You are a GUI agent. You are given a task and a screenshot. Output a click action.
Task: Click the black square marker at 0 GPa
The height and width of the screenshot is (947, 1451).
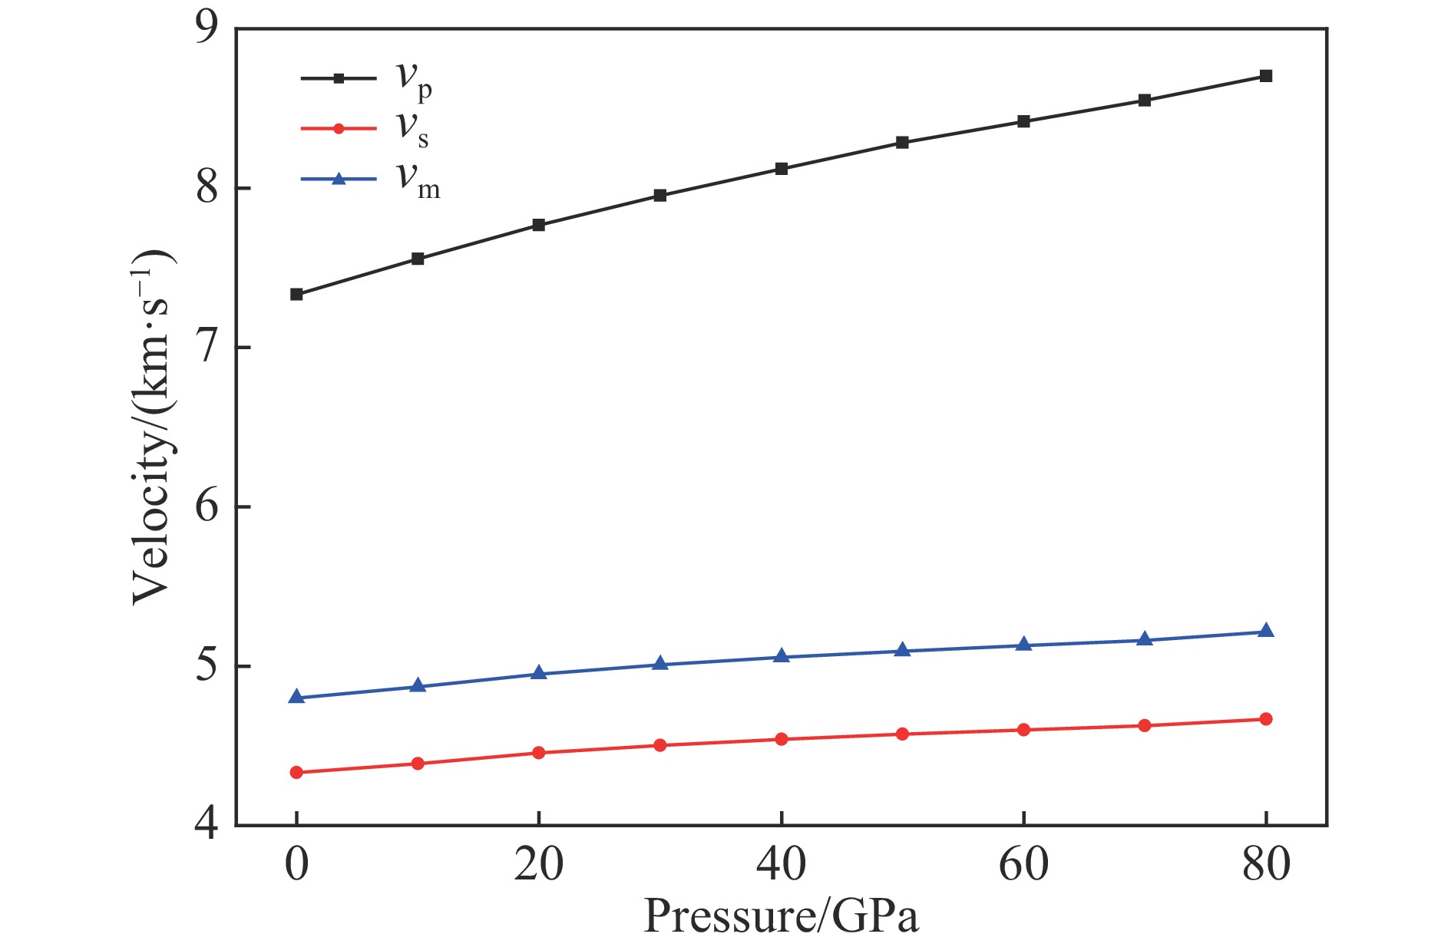(296, 294)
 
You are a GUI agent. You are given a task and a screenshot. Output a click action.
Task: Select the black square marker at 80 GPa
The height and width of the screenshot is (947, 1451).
(1266, 76)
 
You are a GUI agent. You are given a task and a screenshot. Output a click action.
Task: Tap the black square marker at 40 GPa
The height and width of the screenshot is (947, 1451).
(782, 168)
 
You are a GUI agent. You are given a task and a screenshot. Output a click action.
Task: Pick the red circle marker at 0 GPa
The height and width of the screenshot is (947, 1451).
(296, 772)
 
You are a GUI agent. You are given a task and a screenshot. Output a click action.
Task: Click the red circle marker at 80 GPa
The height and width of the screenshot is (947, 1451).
(1266, 719)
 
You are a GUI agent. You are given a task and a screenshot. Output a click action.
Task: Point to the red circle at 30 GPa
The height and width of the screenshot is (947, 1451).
(659, 745)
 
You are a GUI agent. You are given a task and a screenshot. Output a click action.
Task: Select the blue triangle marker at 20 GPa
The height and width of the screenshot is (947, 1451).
(539, 673)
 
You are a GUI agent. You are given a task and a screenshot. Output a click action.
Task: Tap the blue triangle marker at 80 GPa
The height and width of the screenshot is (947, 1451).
(1266, 631)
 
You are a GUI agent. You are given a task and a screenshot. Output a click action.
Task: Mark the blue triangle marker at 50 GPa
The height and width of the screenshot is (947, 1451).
(903, 650)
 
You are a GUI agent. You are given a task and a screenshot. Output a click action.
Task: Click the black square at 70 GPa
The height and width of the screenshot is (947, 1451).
(1145, 101)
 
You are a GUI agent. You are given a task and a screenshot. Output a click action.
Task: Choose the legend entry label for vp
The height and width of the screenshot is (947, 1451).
(414, 80)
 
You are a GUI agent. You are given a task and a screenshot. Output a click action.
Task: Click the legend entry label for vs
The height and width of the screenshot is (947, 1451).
(412, 129)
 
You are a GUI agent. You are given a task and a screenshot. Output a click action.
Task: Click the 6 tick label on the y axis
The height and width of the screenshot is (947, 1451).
(207, 506)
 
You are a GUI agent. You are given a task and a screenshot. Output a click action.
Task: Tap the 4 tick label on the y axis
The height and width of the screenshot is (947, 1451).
(207, 826)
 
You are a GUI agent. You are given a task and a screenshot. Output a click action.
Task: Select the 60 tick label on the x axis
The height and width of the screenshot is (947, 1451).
(1023, 865)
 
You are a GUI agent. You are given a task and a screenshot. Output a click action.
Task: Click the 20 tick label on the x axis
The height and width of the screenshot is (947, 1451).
(539, 865)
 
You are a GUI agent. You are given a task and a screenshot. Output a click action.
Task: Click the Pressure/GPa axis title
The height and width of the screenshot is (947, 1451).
(781, 916)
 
